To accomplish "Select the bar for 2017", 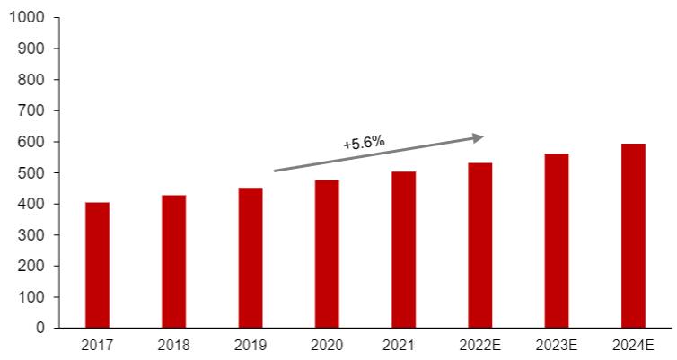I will [97, 265].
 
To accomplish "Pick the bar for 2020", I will [327, 254].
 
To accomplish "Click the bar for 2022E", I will [479, 245].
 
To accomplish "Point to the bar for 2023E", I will [557, 241].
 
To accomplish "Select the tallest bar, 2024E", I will [633, 235].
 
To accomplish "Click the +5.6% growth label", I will [364, 142].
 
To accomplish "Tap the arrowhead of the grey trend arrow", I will [479, 137].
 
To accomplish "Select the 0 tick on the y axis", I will [40, 329].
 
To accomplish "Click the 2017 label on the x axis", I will [97, 345].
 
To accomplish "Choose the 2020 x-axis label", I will [327, 345].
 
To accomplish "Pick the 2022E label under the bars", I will [479, 345].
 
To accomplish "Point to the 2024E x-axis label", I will [633, 345].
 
